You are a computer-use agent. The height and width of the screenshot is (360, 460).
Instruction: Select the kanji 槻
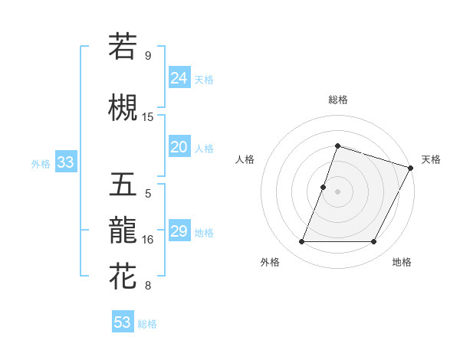[123, 107]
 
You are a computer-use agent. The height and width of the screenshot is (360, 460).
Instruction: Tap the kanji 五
[123, 184]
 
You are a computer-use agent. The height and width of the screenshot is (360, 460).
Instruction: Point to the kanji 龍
[123, 229]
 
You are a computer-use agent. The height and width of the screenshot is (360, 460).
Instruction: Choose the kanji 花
[123, 276]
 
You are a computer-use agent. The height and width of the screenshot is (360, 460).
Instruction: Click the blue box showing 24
[179, 78]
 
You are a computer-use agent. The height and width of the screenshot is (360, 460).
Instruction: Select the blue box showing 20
[179, 148]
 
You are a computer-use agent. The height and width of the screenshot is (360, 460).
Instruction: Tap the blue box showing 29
[179, 231]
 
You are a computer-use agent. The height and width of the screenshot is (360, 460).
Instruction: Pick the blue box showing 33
[65, 162]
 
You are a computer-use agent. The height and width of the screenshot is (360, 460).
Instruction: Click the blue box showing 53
[122, 322]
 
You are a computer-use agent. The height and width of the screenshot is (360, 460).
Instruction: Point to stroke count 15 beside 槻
[148, 116]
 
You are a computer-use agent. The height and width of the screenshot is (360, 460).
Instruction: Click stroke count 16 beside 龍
[148, 240]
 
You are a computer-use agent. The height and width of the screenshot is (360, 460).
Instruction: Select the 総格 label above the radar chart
[337, 100]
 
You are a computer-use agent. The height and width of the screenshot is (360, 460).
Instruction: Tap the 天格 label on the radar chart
[431, 159]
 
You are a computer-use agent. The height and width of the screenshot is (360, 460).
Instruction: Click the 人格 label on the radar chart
[245, 159]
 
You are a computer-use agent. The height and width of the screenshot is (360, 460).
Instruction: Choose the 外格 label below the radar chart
[270, 262]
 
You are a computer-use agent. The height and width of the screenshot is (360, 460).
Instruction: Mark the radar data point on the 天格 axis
[412, 167]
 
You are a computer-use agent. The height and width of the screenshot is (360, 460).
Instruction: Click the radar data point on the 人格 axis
[324, 187]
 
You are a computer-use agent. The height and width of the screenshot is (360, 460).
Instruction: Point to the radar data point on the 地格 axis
[374, 242]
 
